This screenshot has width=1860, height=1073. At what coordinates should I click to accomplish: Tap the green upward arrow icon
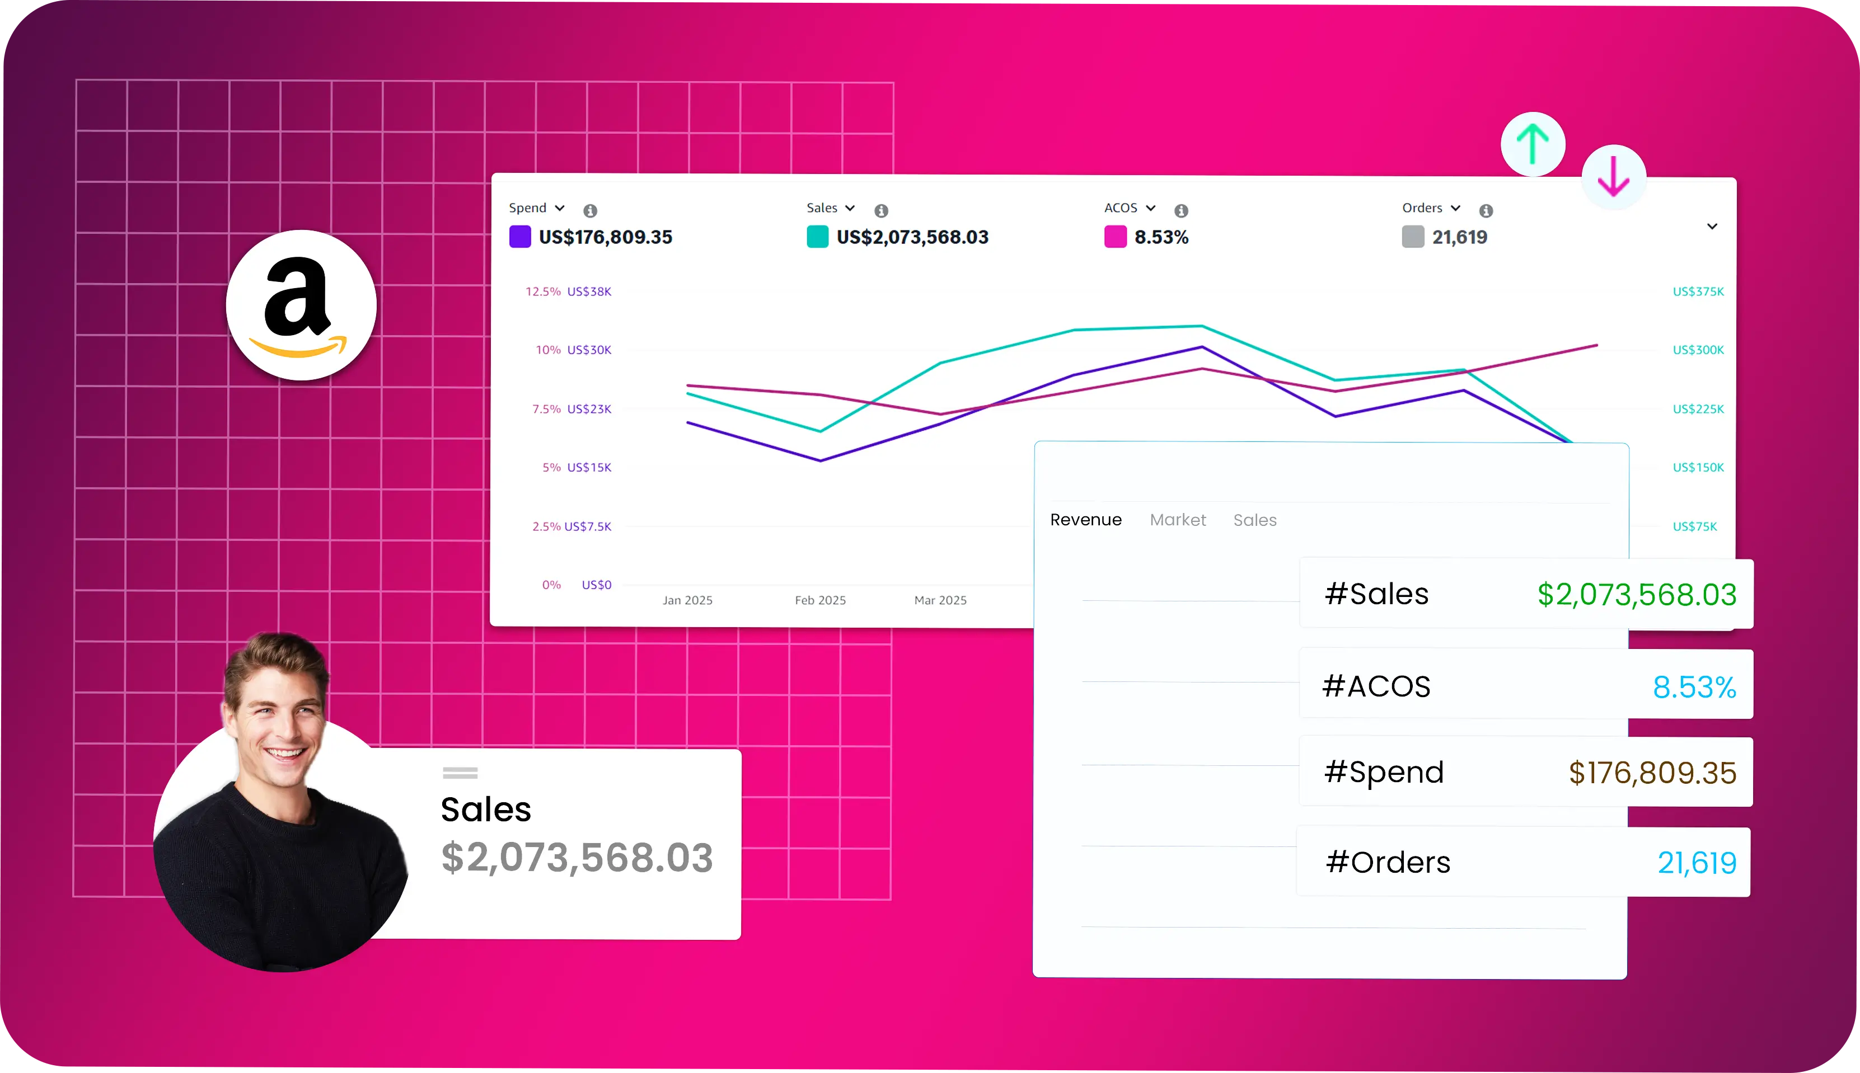1533,144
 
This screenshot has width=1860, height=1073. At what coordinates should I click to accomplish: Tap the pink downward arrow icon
1613,177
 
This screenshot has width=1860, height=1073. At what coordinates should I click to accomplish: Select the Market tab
1177,520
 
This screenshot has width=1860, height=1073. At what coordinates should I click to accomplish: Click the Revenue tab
1085,520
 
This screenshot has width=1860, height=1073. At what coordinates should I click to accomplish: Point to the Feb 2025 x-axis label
820,600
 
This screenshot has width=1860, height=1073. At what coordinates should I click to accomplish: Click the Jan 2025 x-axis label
687,600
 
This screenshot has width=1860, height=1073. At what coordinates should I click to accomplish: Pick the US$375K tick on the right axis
1698,291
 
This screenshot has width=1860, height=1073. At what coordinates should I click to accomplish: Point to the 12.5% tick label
542,291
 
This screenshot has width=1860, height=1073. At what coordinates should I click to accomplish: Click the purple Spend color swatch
520,237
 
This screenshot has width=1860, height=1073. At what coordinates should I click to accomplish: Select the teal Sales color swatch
817,237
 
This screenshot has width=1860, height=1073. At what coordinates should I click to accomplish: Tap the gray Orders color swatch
1412,237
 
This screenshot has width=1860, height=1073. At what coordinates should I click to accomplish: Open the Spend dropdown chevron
560,208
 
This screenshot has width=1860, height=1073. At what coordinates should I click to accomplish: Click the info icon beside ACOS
1180,211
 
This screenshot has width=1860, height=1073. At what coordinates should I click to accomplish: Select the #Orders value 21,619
1697,862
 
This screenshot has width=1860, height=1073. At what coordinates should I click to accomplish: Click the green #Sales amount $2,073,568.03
1636,594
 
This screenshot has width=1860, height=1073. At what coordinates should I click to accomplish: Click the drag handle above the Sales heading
460,773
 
